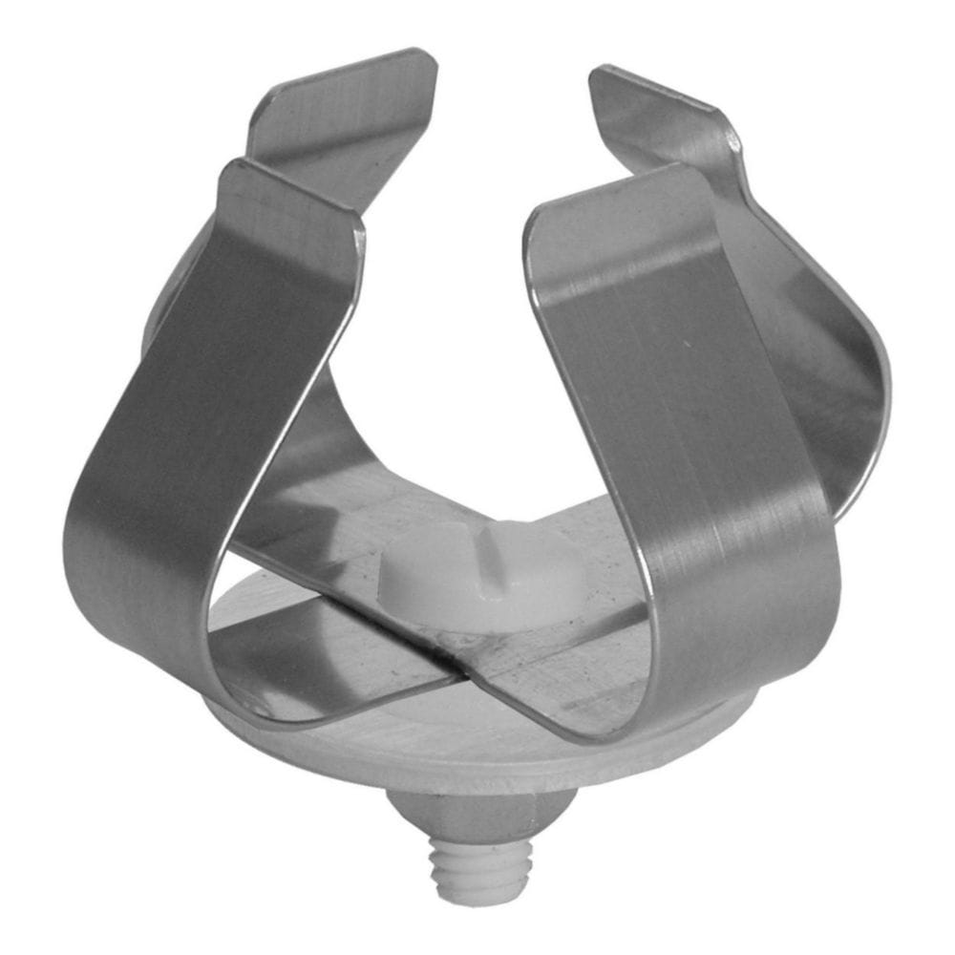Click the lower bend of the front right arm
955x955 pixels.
click(754, 649)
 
